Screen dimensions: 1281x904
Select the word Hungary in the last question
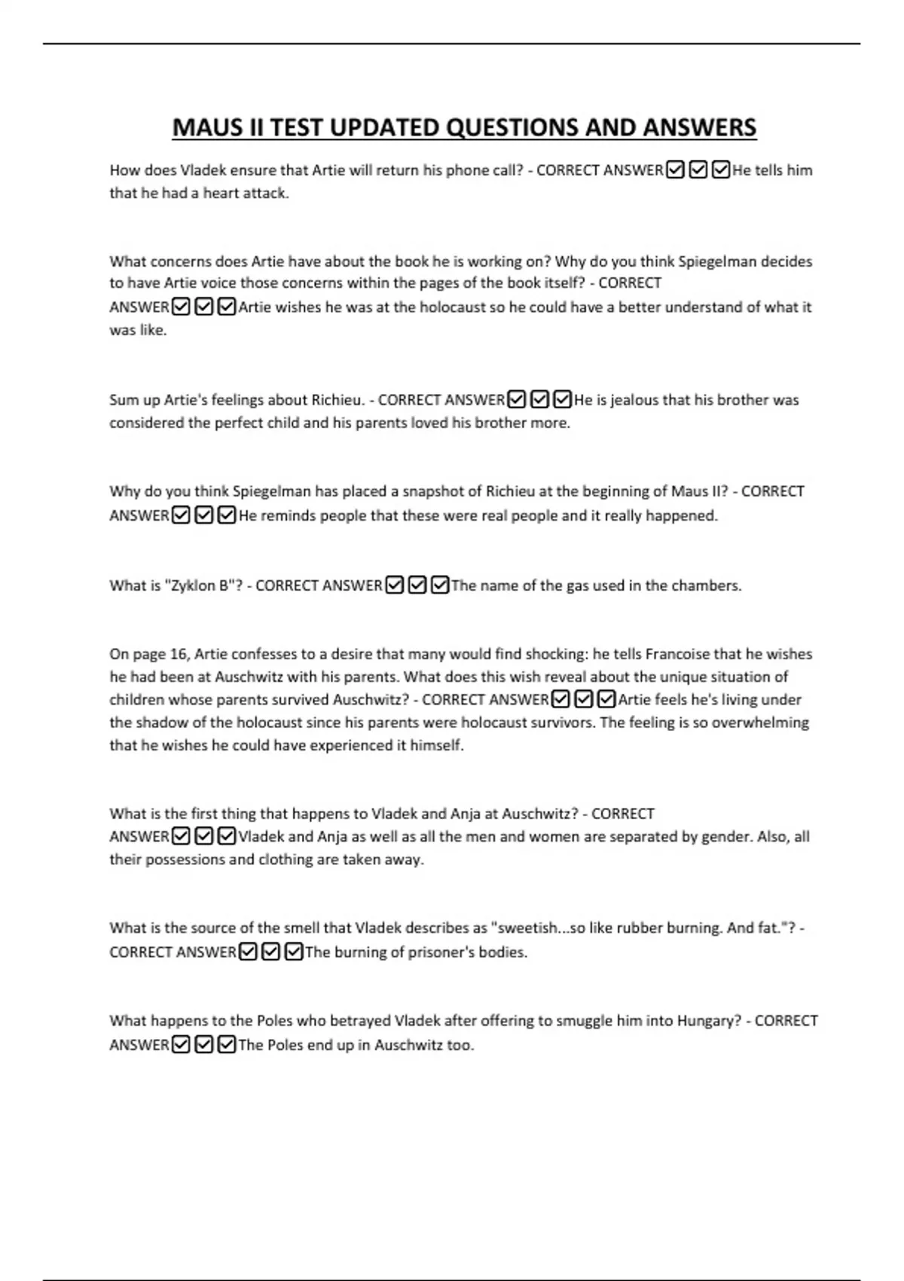coord(706,1020)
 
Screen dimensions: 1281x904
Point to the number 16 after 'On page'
coord(180,654)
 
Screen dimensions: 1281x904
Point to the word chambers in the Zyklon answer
coord(708,585)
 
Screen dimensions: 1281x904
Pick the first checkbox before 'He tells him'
coord(676,170)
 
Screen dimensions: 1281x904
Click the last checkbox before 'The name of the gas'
coord(440,585)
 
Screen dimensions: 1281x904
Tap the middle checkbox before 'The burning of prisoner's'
coord(271,952)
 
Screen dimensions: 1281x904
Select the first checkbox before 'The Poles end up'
coord(181,1045)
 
